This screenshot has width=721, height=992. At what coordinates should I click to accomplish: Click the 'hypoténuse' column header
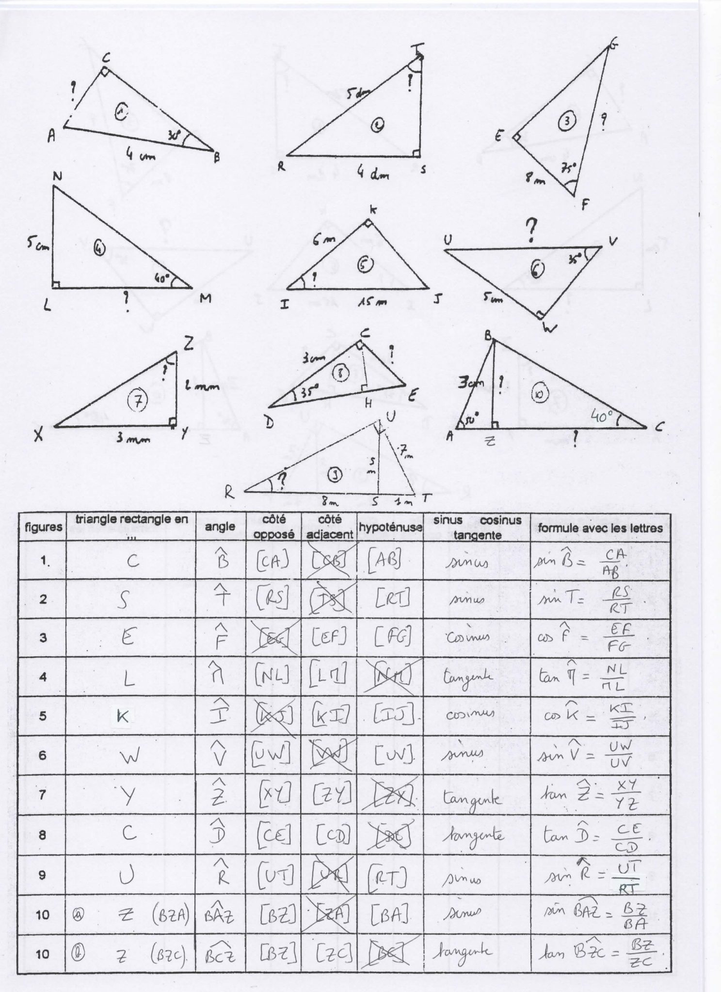(x=390, y=527)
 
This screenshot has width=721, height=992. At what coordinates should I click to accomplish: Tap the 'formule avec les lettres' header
(x=600, y=527)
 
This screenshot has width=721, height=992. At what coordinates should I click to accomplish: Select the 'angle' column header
(x=220, y=527)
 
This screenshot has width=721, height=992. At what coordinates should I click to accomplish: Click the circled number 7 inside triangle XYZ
(x=138, y=399)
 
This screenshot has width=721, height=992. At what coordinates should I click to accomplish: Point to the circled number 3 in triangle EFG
(x=566, y=122)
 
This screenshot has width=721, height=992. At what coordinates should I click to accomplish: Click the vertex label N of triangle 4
(x=57, y=177)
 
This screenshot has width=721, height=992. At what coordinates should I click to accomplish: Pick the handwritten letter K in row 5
(x=123, y=716)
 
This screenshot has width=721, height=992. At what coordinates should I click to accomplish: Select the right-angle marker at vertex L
(x=56, y=284)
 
